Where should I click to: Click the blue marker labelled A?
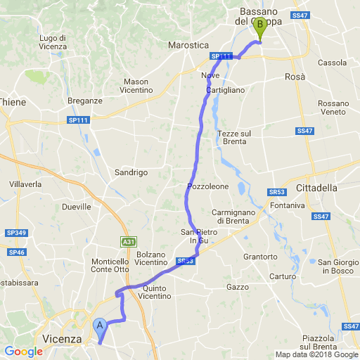tap(100, 326)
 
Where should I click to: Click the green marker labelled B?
tap(260, 27)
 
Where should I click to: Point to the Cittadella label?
tap(317, 188)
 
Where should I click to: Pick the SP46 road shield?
tap(17, 251)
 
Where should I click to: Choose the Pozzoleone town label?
tap(208, 186)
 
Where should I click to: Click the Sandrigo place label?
tap(131, 172)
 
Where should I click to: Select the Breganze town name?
tap(85, 101)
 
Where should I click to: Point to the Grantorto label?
tap(260, 257)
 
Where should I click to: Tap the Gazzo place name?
tap(238, 287)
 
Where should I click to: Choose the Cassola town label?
tap(332, 63)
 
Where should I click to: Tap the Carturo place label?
tap(282, 276)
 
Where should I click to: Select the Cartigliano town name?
tap(225, 91)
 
